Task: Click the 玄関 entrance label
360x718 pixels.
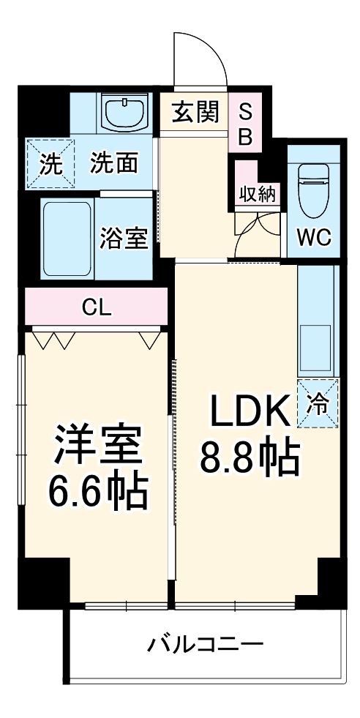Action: [x=195, y=113]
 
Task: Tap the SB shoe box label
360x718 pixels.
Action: [x=246, y=124]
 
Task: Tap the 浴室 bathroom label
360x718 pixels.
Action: [x=124, y=238]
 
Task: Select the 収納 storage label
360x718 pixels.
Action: [x=256, y=194]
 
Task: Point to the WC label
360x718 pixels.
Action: [x=312, y=237]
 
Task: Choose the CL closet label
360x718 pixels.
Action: [x=97, y=307]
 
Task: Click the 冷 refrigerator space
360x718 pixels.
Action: [x=318, y=403]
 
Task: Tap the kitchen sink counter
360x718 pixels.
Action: [x=316, y=322]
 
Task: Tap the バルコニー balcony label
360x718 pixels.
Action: [x=205, y=644]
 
